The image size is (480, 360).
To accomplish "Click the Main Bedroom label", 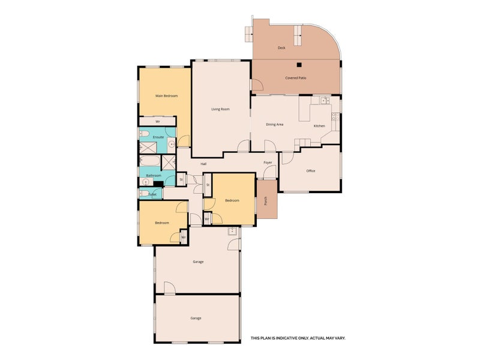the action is click(167, 96).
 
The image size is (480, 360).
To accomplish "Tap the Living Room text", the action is click(220, 109).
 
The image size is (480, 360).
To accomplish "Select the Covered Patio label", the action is click(296, 78).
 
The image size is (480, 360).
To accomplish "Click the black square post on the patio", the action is click(299, 65).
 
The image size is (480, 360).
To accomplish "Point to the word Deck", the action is click(281, 48).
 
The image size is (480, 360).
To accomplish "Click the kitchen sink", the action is click(325, 100).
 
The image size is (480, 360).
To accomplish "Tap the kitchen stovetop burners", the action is click(335, 116).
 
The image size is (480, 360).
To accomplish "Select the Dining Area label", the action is click(275, 125).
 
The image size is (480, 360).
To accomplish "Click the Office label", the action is click(311, 171).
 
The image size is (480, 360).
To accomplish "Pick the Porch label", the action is click(265, 201).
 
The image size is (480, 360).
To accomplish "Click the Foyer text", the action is click(268, 163).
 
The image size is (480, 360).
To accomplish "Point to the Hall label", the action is click(203, 164).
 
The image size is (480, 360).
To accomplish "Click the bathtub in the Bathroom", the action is click(150, 160).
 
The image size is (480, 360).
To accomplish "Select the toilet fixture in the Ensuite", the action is click(144, 133).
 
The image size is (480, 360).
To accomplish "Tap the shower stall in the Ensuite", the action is click(148, 148).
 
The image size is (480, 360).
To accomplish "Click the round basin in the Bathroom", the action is click(146, 182).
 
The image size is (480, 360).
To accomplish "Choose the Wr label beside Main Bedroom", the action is click(158, 122).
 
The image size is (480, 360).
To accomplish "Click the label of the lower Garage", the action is click(196, 319).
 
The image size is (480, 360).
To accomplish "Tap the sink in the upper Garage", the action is click(232, 231).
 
